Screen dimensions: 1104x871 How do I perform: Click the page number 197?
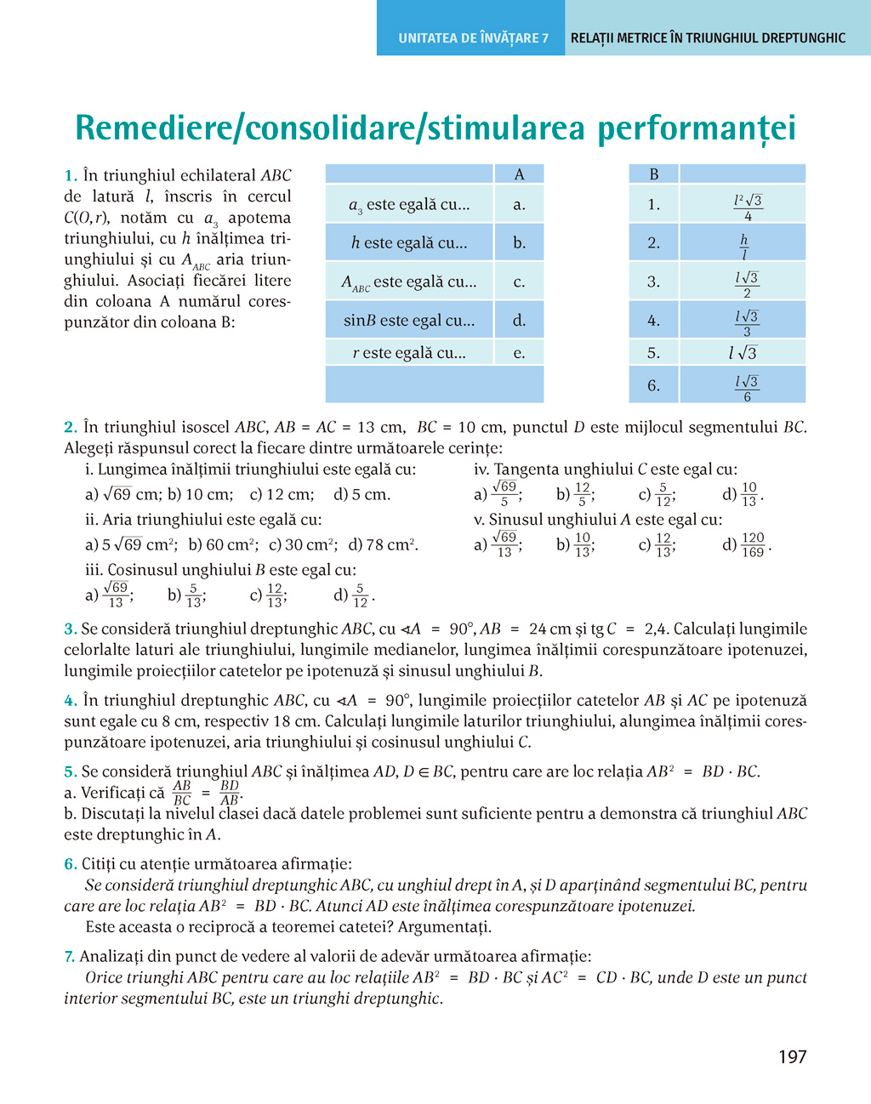point(792,1057)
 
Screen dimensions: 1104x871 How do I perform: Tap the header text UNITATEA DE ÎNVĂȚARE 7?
point(473,38)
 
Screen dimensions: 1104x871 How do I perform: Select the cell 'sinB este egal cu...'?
point(409,321)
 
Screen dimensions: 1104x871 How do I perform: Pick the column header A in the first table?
point(519,174)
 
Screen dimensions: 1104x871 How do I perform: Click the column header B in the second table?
point(653,174)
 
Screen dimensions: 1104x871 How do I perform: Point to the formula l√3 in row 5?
point(743,352)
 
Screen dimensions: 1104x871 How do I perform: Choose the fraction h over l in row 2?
point(743,247)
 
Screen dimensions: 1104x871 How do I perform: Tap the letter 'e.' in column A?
point(519,352)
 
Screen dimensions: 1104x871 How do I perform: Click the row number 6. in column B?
point(653,385)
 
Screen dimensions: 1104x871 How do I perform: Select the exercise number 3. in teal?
point(71,629)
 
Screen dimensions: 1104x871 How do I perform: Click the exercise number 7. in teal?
point(70,957)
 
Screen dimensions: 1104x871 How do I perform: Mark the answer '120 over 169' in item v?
point(752,544)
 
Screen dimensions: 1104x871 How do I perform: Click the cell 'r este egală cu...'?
point(409,352)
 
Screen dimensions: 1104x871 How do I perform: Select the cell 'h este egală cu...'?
point(409,243)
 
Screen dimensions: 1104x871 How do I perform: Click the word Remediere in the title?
point(157,128)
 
